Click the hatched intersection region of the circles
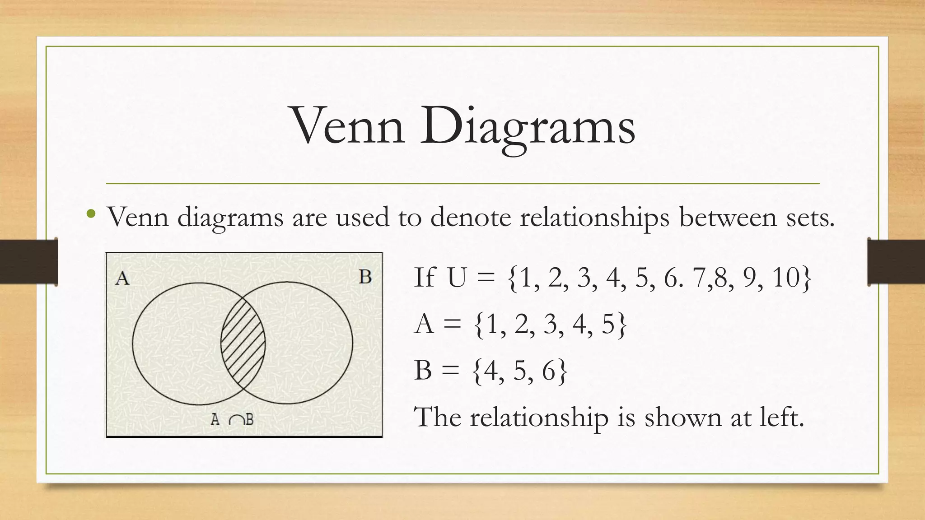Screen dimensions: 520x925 [x=243, y=343]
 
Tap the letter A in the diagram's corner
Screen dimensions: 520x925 [x=122, y=278]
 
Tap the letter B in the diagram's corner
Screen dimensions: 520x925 [x=365, y=277]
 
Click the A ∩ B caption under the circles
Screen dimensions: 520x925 [x=232, y=420]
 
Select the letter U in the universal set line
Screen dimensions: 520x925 [x=457, y=277]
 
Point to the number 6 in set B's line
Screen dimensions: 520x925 [x=548, y=371]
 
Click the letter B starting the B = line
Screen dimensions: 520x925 [x=423, y=371]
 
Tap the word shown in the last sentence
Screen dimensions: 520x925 [x=682, y=417]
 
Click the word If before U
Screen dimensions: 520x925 [x=425, y=277]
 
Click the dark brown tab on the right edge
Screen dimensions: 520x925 [x=896, y=262]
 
